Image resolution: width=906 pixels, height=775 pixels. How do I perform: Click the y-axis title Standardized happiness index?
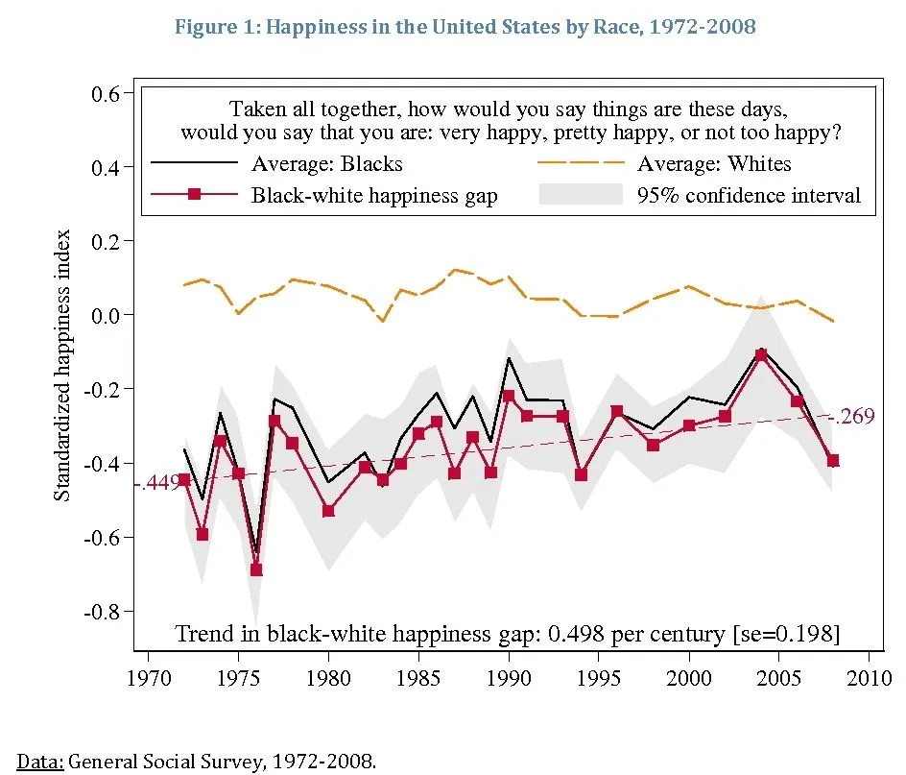(62, 365)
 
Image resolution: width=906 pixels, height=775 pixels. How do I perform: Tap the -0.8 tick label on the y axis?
(103, 611)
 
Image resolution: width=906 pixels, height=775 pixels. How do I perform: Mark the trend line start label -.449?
(156, 484)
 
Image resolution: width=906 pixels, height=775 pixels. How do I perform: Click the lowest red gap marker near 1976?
(256, 569)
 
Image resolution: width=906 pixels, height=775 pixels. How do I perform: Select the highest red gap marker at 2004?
(761, 355)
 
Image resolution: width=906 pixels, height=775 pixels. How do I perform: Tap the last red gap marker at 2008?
(833, 461)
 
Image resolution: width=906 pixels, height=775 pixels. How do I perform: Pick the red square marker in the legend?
(194, 195)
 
